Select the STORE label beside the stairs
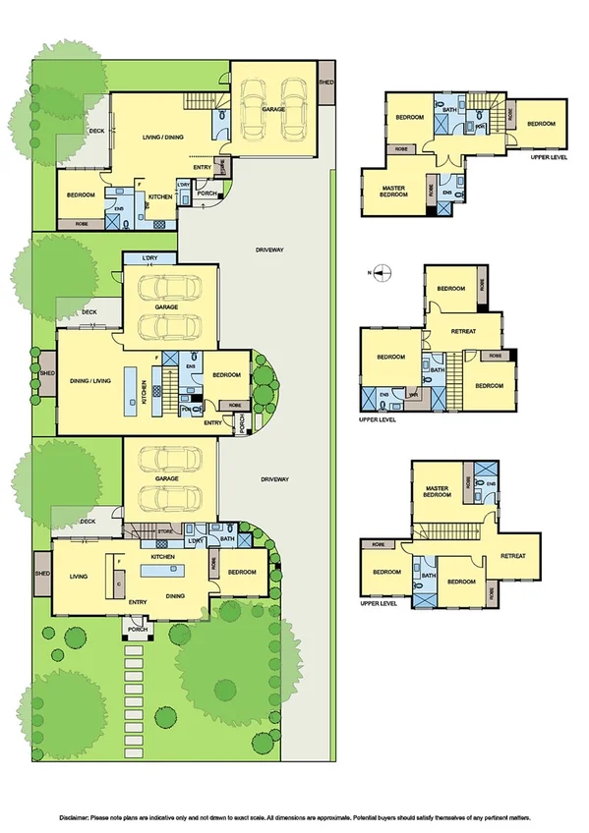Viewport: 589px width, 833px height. tap(165, 531)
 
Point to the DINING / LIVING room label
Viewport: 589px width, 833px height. tap(89, 372)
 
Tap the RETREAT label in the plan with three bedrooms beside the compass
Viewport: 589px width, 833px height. tap(463, 331)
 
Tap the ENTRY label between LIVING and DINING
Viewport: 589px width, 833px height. tap(137, 602)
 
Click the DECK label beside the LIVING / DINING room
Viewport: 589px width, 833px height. tap(96, 131)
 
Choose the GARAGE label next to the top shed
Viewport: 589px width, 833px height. tap(273, 109)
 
